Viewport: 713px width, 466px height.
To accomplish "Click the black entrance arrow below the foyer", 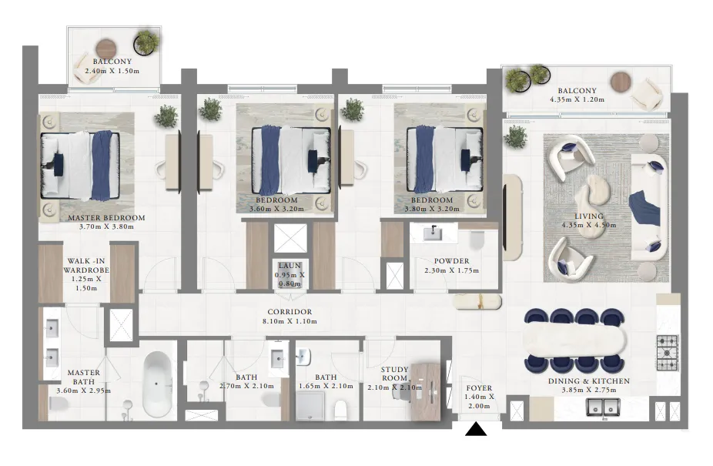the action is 476,429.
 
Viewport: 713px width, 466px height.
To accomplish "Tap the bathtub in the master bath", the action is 157,384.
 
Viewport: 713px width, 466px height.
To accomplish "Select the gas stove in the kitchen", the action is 668,353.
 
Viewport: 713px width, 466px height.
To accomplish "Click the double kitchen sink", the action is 603,407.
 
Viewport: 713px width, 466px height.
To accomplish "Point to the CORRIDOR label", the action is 290,312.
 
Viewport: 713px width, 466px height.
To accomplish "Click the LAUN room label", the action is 290,265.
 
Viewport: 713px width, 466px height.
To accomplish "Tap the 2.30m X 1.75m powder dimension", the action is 451,270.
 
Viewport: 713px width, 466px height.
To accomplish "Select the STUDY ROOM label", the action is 394,374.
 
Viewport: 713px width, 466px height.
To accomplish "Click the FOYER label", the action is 479,387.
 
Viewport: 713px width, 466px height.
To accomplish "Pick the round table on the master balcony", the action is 108,47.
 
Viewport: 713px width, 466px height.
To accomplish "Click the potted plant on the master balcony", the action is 146,42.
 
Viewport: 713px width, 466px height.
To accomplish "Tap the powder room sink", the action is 433,233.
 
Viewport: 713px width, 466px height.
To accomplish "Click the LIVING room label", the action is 589,216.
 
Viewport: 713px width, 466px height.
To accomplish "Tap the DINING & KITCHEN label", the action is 589,381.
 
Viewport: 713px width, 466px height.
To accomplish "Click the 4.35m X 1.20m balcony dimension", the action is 577,99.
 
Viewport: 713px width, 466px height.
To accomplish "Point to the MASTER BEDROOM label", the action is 106,217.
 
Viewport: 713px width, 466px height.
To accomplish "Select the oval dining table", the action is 574,339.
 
